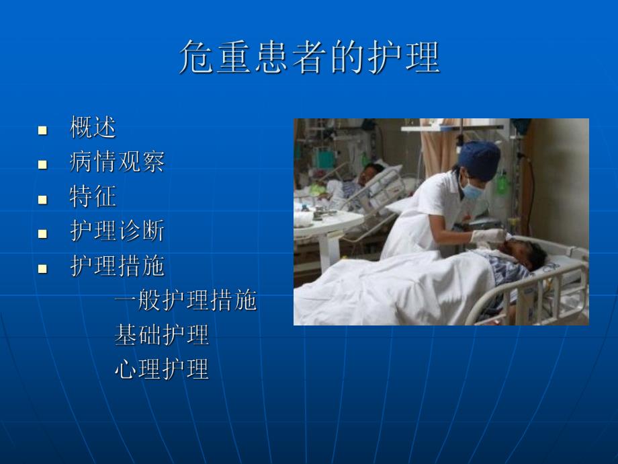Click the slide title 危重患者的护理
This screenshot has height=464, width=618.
coord(309,56)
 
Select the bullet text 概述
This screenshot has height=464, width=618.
coord(93,127)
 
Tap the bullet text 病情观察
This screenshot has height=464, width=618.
coord(117,162)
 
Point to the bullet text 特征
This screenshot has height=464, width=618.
coord(93,197)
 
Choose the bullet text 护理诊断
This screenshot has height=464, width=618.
coord(117,232)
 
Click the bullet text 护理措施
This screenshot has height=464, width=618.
coord(117,267)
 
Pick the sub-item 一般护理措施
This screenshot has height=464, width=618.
coord(185,301)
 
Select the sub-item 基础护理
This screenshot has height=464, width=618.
coord(161,335)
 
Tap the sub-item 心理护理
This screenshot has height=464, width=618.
coord(161,369)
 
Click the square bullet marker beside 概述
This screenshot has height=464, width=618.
coord(42,129)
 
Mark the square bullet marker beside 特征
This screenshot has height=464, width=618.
coord(42,199)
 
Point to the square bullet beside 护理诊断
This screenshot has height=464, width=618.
coord(42,234)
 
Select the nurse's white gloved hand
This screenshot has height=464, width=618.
coord(489,236)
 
